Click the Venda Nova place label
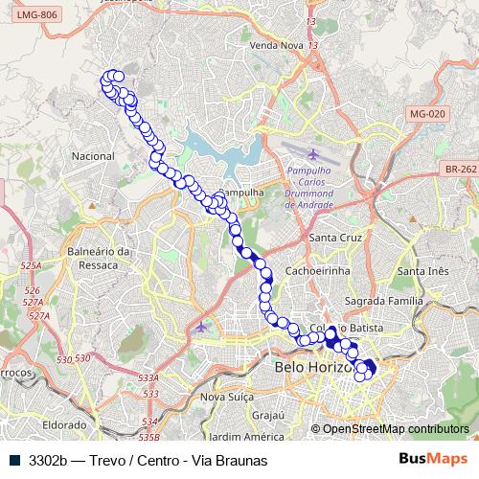(275, 45)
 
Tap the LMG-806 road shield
(31, 15)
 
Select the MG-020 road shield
(427, 114)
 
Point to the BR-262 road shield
(461, 170)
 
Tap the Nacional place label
(93, 155)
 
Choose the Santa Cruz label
(333, 237)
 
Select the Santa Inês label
(423, 271)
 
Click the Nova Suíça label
(225, 397)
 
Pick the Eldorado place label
(64, 423)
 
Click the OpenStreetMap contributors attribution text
(396, 429)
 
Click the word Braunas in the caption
(237, 459)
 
